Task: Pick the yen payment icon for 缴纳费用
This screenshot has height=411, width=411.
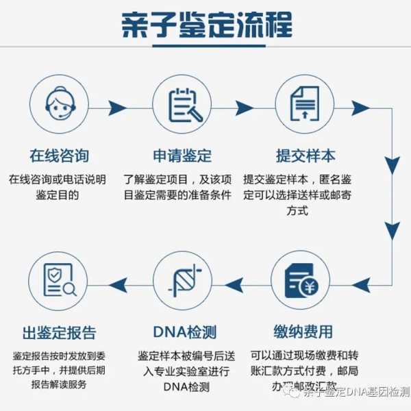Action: pos(304,281)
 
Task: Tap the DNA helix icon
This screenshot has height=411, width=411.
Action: pos(181,281)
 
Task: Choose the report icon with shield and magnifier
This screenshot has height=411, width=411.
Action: pos(58,281)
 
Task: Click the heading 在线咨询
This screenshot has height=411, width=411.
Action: pos(58,155)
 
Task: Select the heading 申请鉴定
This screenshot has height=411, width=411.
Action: pos(182,155)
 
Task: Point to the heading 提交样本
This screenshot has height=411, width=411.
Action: pos(306,155)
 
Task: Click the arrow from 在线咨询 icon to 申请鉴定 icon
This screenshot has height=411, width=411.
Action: pos(118,108)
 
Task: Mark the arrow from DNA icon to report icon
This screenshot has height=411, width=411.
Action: pos(119,281)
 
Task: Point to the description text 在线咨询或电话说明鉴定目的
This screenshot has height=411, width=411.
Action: pos(58,187)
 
